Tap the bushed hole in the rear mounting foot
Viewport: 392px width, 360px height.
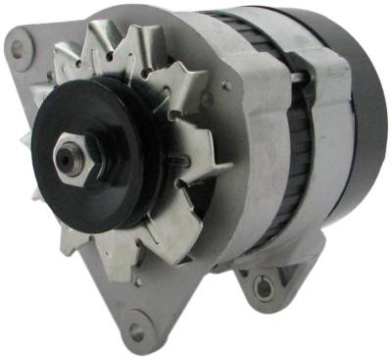coord(262,286)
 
